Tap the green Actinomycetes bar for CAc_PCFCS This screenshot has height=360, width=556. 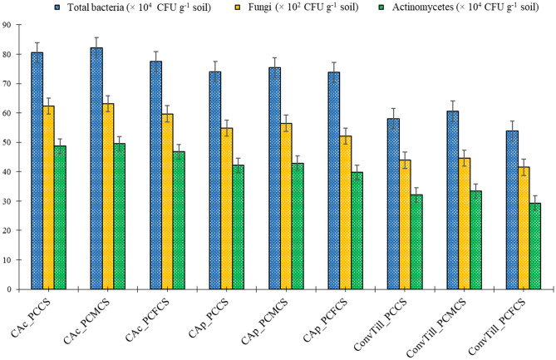pos(179,220)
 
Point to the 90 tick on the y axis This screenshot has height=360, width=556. pos(14,25)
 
